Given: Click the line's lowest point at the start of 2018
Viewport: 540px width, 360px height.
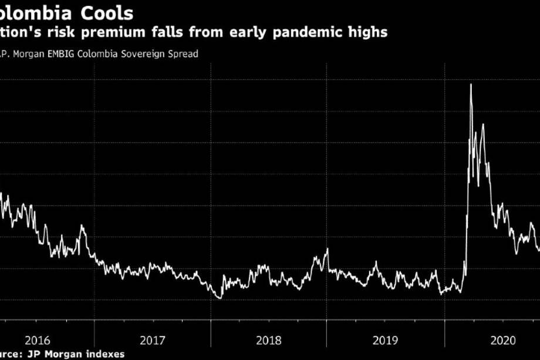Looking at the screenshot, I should (x=220, y=298).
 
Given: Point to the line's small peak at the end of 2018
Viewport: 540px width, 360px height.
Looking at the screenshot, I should (x=327, y=250).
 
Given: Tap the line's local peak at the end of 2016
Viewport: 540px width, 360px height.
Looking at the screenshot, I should (x=81, y=226).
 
